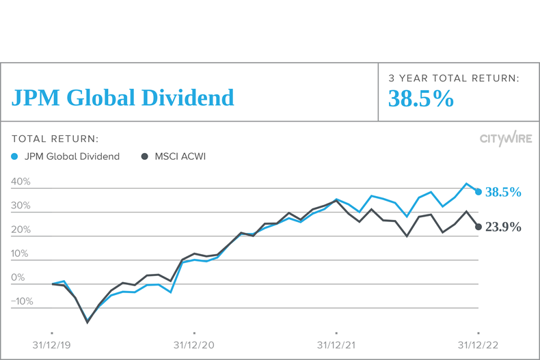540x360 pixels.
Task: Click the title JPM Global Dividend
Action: tap(122, 98)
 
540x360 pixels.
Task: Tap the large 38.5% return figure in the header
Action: tap(421, 100)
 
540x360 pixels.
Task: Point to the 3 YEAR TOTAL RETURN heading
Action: tap(454, 79)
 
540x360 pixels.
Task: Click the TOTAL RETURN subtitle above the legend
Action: tap(55, 139)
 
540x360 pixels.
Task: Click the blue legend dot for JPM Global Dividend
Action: tap(16, 156)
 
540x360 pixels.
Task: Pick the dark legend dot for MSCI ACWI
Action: tap(144, 156)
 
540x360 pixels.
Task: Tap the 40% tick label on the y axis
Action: tap(21, 182)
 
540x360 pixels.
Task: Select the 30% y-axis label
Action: tap(21, 206)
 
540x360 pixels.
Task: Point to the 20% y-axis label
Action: tap(21, 230)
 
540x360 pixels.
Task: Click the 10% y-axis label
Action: tap(21, 254)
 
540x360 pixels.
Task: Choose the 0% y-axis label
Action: tap(18, 278)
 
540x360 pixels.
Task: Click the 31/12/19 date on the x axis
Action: tap(52, 345)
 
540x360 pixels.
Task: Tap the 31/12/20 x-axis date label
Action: tap(194, 345)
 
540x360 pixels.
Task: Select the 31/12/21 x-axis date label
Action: tap(336, 345)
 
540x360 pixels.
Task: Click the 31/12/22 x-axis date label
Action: tap(478, 345)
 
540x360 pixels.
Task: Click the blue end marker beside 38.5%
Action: tap(478, 192)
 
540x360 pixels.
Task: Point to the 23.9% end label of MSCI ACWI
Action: tap(503, 227)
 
